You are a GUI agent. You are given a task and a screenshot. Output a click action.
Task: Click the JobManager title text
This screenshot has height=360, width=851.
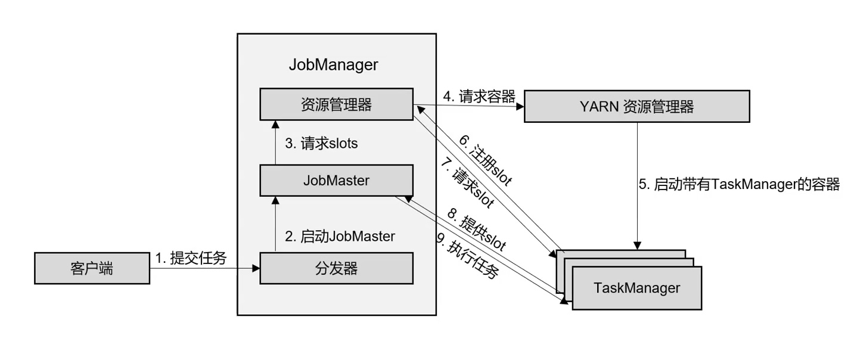point(333,64)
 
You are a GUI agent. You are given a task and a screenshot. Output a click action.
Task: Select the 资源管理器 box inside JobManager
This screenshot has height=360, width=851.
point(337,104)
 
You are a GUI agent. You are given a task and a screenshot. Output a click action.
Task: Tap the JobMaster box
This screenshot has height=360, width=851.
point(337,181)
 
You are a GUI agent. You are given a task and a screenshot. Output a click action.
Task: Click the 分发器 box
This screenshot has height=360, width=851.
point(337,268)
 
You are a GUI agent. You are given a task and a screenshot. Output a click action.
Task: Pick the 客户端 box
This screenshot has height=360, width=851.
point(91,269)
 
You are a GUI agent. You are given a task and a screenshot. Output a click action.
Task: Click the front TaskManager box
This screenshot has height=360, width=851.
point(636,288)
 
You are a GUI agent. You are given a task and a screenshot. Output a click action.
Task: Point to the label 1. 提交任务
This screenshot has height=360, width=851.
point(191,258)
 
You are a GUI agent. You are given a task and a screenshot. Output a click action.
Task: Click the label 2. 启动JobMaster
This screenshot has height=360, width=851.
point(340,236)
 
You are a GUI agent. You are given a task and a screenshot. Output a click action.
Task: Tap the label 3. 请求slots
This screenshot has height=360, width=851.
point(321,144)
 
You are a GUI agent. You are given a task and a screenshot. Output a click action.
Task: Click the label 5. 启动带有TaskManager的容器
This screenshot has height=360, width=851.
point(739,184)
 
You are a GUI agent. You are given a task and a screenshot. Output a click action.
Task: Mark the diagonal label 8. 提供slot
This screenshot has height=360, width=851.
point(482,232)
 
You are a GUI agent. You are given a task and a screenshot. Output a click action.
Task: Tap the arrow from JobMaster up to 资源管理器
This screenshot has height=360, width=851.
point(276,142)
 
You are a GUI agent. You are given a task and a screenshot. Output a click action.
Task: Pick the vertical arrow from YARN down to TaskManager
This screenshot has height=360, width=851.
point(638,185)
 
